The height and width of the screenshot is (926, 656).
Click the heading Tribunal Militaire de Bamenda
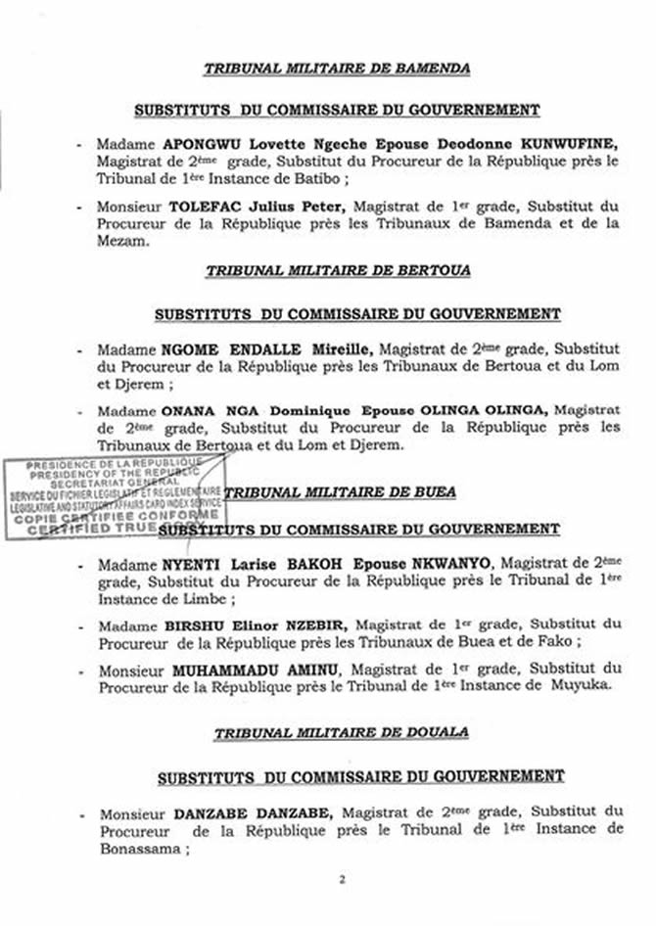pos(336,69)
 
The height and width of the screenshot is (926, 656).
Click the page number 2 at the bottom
pos(342,879)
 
